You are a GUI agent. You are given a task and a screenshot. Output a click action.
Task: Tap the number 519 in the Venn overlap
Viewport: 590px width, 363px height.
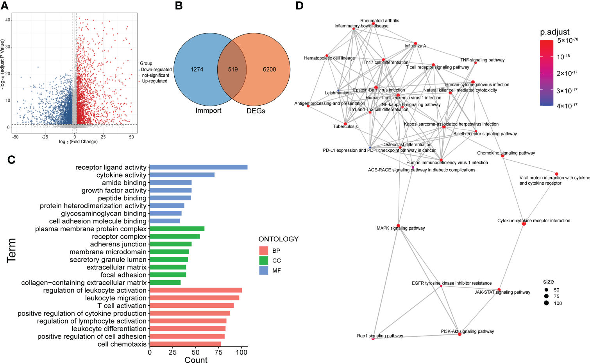233,70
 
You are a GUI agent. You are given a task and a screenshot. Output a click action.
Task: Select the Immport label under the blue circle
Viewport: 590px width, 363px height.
208,111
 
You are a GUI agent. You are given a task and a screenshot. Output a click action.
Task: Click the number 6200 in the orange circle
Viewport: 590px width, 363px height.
269,70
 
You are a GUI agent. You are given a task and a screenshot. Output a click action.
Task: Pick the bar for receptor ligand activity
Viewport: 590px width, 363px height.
198,167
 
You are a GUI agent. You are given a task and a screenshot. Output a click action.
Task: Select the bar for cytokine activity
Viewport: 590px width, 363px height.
182,175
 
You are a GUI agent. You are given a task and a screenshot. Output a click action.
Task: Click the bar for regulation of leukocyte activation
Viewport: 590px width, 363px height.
196,290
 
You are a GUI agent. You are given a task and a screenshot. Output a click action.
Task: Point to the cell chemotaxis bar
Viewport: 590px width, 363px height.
185,344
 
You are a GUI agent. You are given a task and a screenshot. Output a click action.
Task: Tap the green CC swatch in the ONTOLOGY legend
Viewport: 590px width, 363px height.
264,261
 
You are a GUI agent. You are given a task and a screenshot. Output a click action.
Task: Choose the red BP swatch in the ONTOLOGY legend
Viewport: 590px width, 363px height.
264,251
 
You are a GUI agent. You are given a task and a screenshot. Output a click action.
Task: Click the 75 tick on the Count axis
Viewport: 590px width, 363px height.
219,352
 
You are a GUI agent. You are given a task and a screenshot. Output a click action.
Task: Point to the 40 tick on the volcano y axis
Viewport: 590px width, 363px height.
8,20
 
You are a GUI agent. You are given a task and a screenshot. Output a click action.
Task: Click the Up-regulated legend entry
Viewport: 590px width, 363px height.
155,81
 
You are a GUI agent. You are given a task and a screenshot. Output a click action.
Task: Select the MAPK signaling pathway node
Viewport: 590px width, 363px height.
398,226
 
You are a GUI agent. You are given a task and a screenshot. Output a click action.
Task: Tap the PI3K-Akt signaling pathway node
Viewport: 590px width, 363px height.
459,334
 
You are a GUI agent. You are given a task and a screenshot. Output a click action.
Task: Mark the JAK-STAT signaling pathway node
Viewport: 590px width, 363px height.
499,290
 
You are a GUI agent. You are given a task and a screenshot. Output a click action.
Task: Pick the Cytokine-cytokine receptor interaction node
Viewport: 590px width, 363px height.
524,223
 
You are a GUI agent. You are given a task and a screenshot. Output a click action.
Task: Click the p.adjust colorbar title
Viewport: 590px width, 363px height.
555,32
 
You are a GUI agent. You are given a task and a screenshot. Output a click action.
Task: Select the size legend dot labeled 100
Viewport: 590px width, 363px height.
546,303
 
